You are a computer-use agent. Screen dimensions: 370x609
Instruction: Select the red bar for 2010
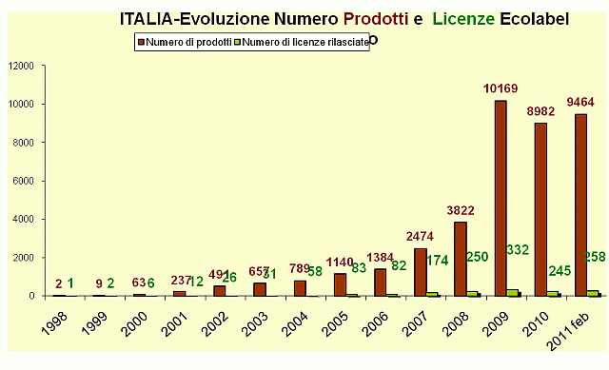tap(540, 209)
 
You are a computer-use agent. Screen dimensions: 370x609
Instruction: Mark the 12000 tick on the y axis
tap(21, 66)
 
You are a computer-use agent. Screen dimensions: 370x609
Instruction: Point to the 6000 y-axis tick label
tap(23, 181)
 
